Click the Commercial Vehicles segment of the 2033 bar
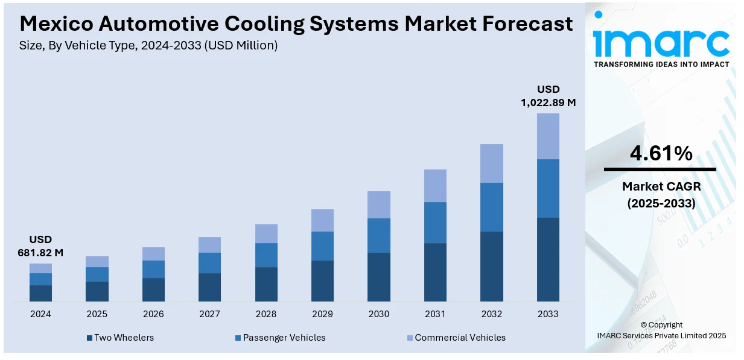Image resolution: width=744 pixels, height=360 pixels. (x=548, y=136)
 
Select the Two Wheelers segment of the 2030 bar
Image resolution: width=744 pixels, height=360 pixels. (x=378, y=277)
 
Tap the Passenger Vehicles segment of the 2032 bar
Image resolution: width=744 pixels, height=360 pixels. (x=491, y=207)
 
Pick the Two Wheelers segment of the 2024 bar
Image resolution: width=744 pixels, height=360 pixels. (x=40, y=293)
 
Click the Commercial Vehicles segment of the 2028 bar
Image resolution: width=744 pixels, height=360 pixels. (x=266, y=233)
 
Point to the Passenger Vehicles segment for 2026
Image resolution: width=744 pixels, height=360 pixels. (x=153, y=269)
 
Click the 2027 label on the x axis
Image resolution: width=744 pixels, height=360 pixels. (x=209, y=314)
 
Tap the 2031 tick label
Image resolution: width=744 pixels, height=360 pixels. (x=435, y=314)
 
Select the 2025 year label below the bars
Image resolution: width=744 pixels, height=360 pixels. (x=97, y=314)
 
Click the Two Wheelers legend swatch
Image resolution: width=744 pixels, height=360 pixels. (x=90, y=338)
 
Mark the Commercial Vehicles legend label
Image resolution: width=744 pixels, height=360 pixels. (x=460, y=338)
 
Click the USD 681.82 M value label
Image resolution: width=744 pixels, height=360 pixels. (x=40, y=246)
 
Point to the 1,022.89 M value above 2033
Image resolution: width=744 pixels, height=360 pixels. (x=548, y=103)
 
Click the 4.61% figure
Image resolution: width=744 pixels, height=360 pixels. (x=661, y=154)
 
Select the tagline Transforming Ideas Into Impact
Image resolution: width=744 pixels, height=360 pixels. (x=661, y=64)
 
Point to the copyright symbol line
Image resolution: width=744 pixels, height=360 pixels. (x=661, y=325)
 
